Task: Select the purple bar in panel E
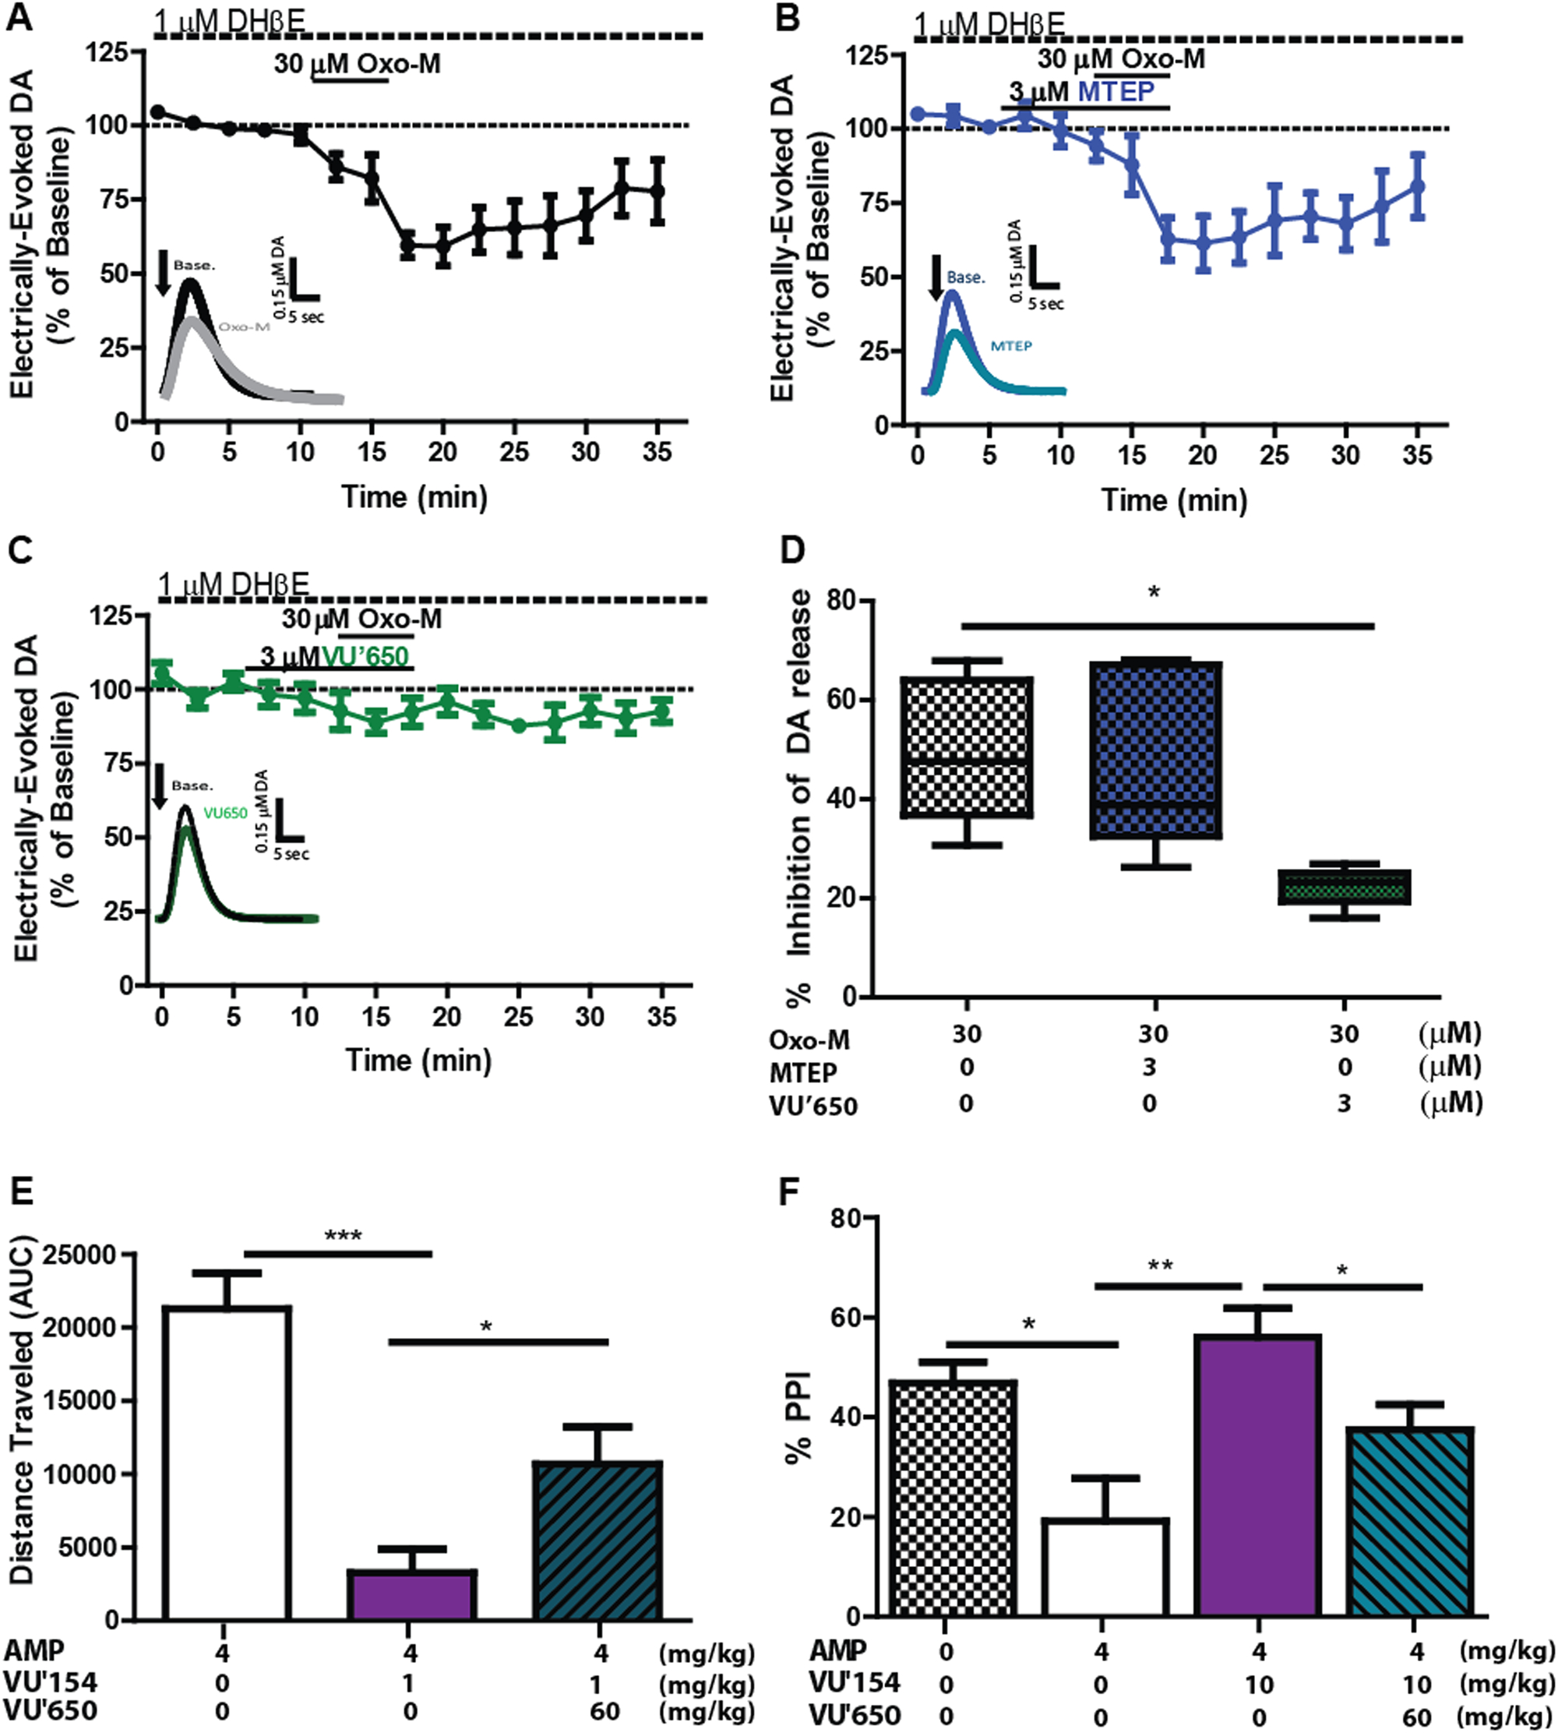412,1594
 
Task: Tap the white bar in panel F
1105,1568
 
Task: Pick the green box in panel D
1343,887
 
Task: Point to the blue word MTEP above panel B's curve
1116,90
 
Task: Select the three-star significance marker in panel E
343,1236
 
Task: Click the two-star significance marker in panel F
1160,1265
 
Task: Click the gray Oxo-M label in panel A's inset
244,326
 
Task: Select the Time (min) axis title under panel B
1174,500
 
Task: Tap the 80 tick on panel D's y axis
843,600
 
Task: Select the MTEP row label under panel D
803,1072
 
